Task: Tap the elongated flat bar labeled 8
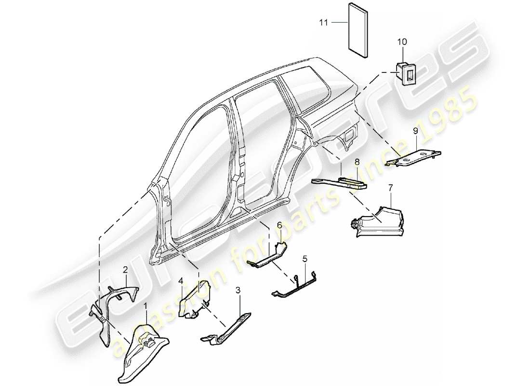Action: tap(340, 182)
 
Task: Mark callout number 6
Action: tap(278, 224)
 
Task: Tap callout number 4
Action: tap(181, 280)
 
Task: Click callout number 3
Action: tap(238, 290)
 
